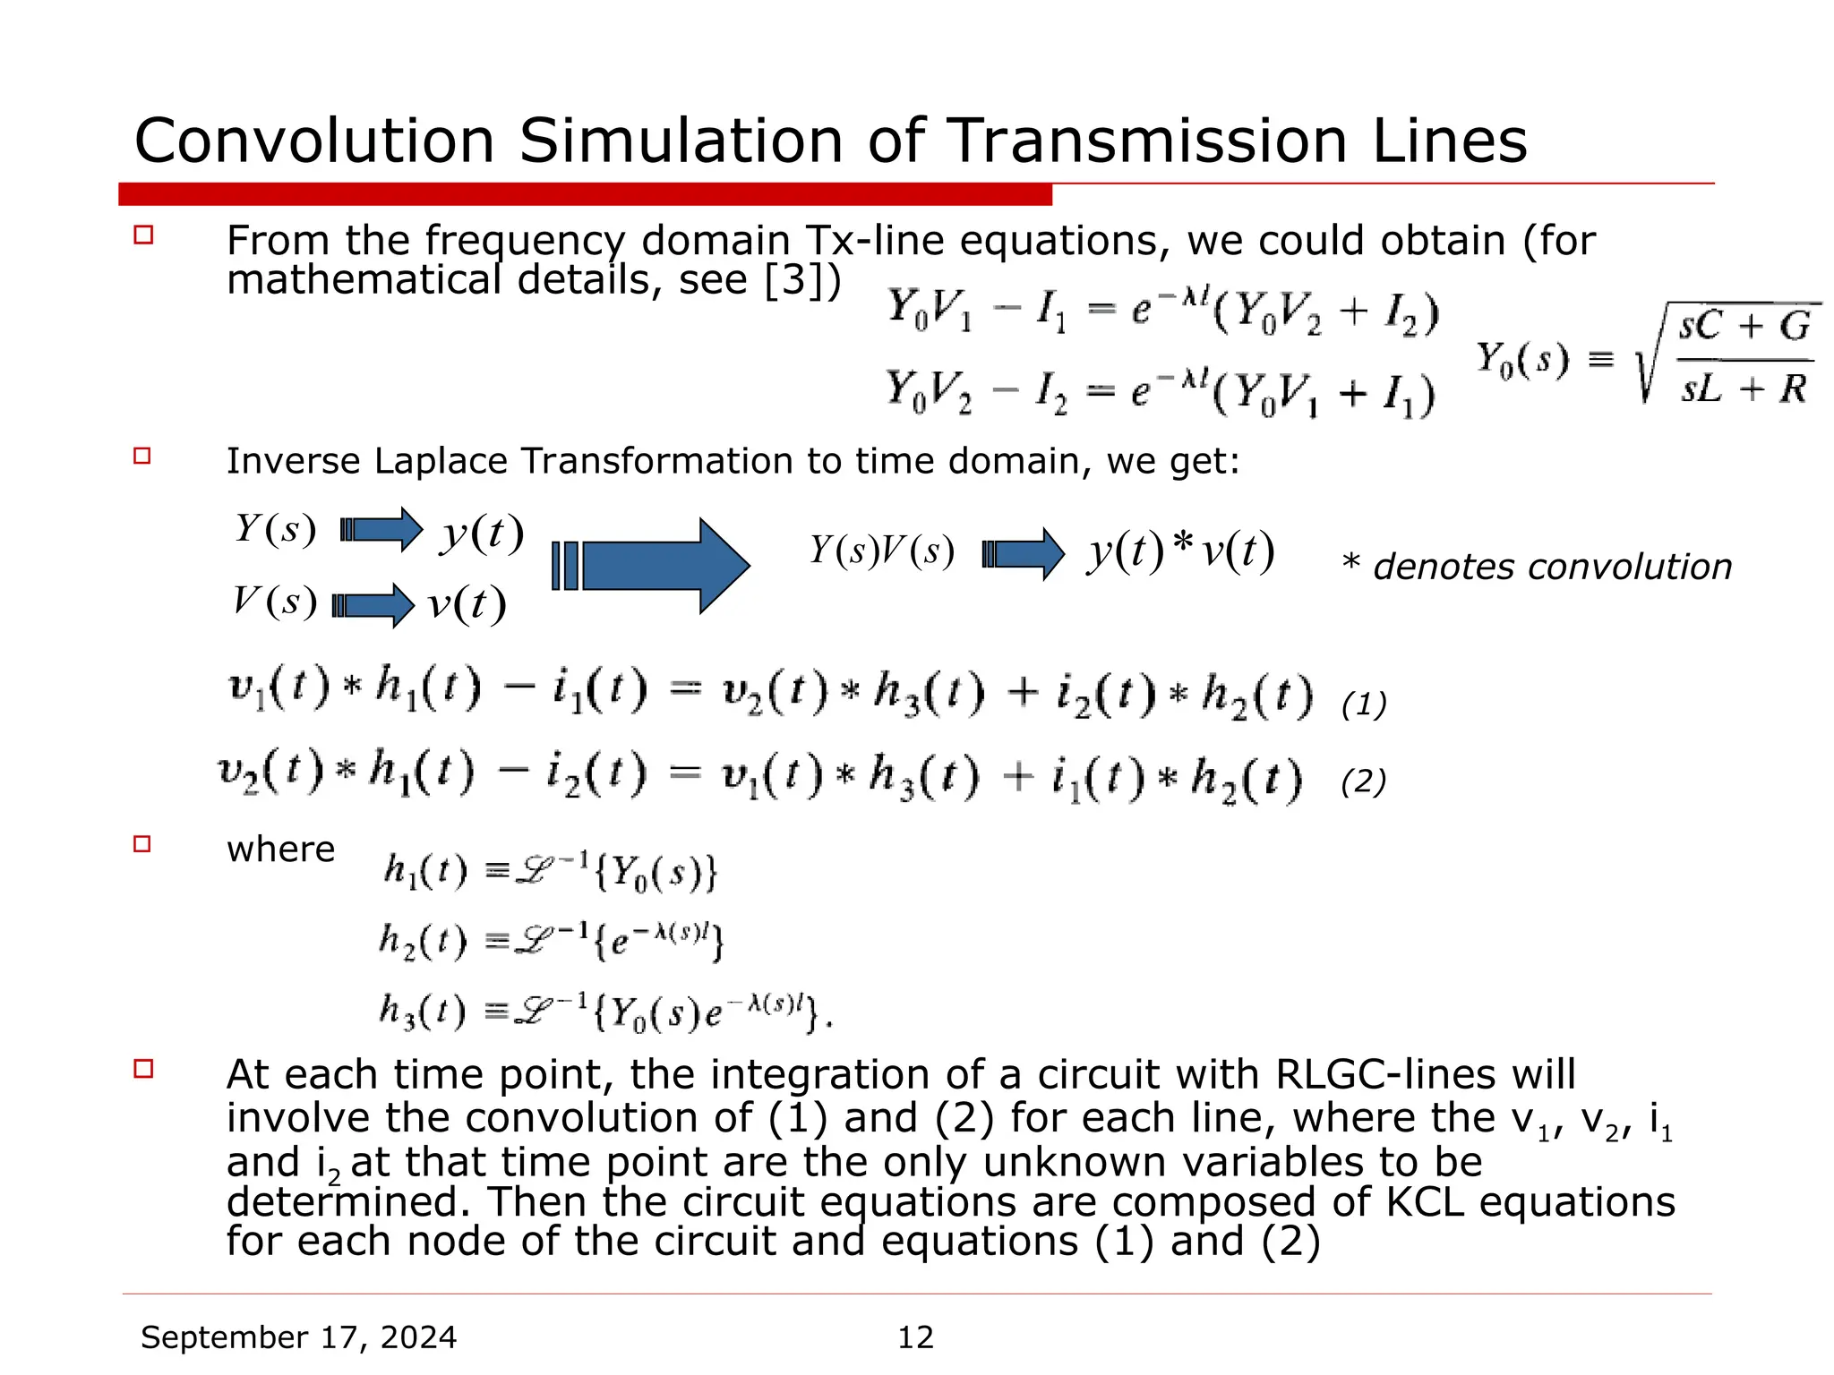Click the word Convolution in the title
point(314,141)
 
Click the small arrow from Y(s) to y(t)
point(381,529)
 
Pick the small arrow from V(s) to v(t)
point(373,605)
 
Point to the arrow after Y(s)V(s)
point(1024,554)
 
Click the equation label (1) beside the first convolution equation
point(1363,705)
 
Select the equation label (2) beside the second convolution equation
point(1363,781)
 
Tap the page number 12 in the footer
point(915,1337)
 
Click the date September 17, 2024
point(299,1337)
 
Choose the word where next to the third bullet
point(280,849)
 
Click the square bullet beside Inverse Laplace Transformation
point(142,456)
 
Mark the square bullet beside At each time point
point(143,1068)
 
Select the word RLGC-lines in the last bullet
point(1425,1074)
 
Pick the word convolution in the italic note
point(1627,567)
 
